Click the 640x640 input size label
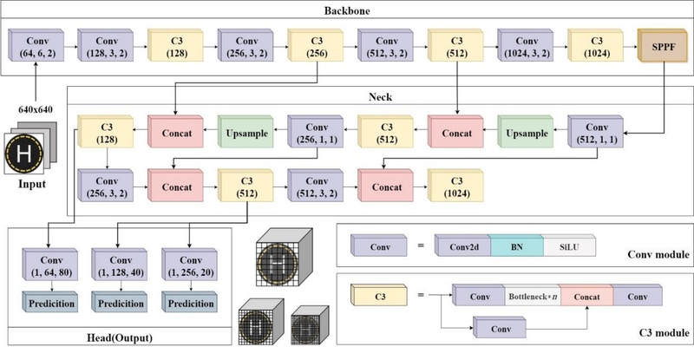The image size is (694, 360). coord(36,109)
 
